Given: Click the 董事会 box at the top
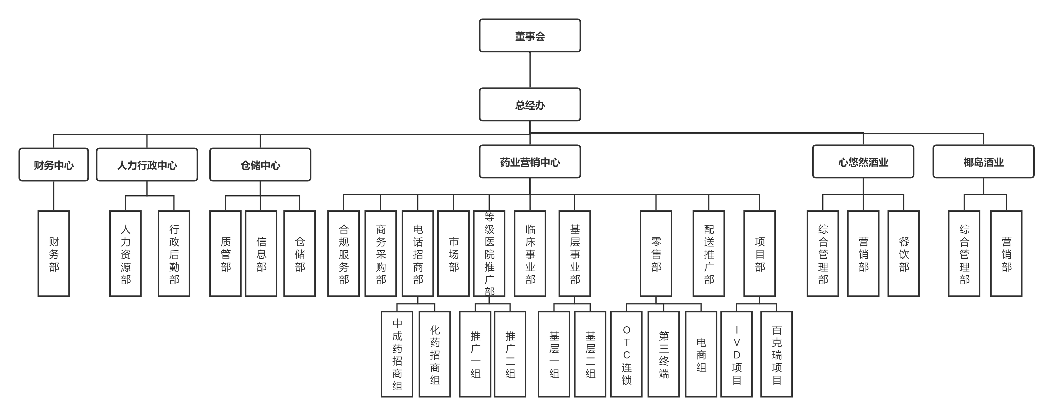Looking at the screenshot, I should coord(530,35).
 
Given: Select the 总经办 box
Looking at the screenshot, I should coord(530,105).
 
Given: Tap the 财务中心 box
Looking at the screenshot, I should coord(53,165).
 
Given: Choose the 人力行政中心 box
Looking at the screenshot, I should coord(147,165).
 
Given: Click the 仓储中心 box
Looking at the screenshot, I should coord(260,165).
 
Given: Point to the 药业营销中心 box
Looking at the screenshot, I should coord(530,162).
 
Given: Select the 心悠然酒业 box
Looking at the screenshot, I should coord(863,162).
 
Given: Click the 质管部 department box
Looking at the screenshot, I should coord(225,253).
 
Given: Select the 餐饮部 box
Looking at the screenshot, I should coord(903,253).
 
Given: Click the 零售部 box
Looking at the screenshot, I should coord(656,253).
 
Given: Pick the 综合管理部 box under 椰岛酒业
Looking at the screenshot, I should coord(964,253).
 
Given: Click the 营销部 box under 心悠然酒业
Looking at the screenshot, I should coord(863,253).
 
